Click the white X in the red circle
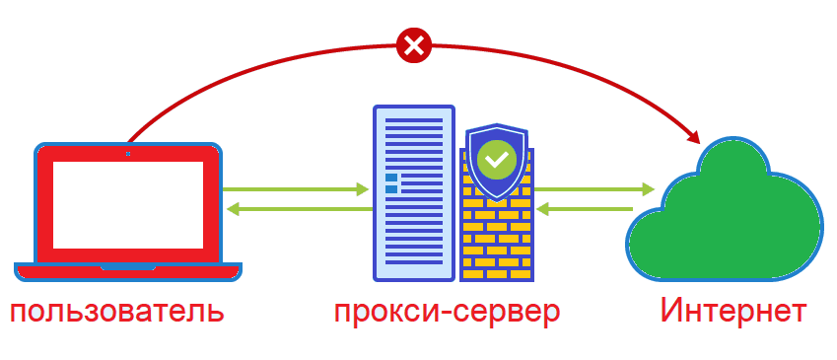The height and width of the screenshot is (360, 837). tap(415, 44)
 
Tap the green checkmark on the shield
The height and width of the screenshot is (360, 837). tap(496, 158)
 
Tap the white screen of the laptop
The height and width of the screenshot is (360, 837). tap(127, 203)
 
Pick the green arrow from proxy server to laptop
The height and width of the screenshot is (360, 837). tap(296, 208)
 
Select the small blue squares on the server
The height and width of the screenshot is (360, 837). tap(391, 182)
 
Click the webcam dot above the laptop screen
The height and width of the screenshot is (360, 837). tap(127, 153)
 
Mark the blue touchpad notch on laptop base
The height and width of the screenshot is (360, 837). tap(127, 265)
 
